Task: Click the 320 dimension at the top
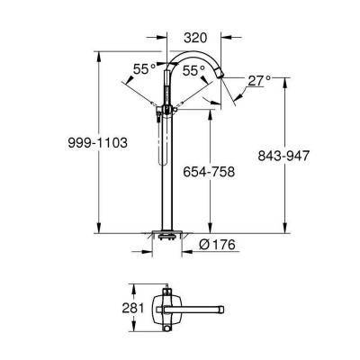197,40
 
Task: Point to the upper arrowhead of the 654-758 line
211,112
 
